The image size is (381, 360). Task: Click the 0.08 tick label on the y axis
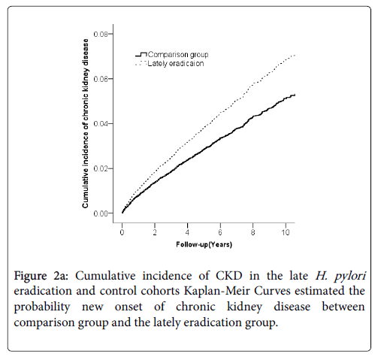[101, 34]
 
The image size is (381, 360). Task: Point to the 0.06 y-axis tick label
[101, 79]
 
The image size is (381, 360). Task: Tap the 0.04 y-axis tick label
[101, 124]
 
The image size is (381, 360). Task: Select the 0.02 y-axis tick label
[101, 168]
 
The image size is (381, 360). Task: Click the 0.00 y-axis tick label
[101, 213]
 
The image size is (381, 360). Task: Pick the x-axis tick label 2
[155, 232]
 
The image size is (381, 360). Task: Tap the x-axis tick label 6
[220, 232]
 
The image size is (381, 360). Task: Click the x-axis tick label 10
[286, 232]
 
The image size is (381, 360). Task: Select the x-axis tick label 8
[252, 232]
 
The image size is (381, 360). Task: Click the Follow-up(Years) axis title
[204, 244]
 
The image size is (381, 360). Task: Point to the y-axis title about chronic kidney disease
[86, 123]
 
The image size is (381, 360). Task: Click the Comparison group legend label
[178, 55]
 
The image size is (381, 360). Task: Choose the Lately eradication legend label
[176, 64]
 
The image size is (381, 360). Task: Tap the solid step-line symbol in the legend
[141, 55]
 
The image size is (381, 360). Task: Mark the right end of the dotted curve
[295, 55]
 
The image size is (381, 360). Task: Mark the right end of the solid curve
[295, 95]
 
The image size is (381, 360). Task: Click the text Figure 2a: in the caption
[41, 276]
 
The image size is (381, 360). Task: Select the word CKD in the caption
[229, 276]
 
